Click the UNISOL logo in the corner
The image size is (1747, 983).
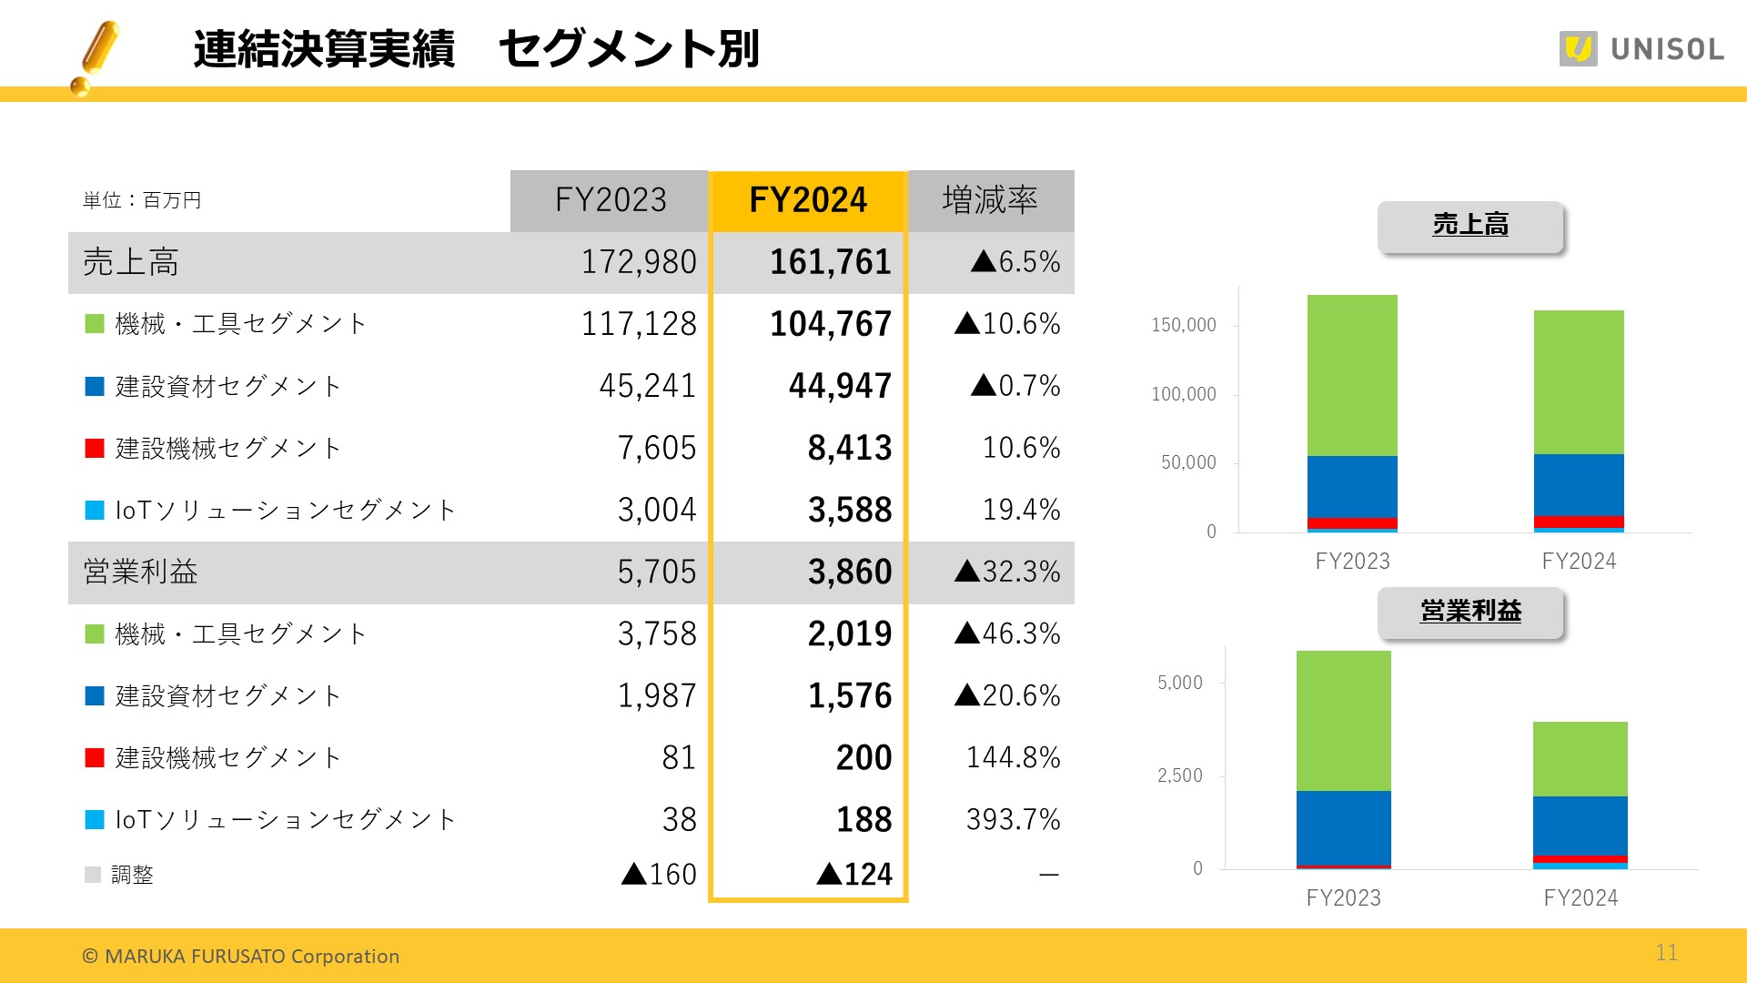point(1641,48)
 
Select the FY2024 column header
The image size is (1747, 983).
point(807,200)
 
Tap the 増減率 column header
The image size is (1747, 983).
point(990,200)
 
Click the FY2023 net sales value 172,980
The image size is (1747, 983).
point(639,262)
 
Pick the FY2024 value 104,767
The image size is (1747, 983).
point(830,324)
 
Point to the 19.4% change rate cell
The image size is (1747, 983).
point(1021,510)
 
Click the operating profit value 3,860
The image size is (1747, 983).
point(850,572)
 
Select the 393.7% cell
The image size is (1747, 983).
point(1013,819)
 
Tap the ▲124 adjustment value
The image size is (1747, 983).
point(854,875)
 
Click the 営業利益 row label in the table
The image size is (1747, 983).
point(141,572)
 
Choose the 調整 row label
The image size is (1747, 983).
point(132,875)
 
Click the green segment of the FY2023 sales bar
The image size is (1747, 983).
point(1352,375)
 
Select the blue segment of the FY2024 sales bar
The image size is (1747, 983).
point(1579,484)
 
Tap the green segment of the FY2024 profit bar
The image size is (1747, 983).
point(1580,759)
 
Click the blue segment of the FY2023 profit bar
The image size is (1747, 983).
point(1343,826)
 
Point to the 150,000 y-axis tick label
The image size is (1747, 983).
point(1183,325)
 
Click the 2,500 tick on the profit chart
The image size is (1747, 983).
point(1179,775)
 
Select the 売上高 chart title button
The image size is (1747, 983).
point(1470,225)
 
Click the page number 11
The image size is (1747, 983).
point(1666,952)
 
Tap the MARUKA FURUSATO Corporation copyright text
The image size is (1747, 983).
point(241,957)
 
